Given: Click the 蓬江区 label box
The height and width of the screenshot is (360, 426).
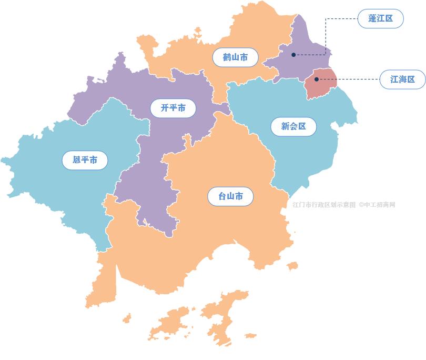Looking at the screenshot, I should [380, 19].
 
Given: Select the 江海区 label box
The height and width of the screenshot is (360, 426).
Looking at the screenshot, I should [402, 80].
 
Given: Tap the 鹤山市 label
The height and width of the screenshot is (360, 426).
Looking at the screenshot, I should [235, 57].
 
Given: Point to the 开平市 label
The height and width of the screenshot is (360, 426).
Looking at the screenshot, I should [173, 108].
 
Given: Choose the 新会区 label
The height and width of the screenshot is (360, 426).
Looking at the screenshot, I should [293, 126].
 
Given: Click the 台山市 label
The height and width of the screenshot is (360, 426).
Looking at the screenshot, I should [231, 197].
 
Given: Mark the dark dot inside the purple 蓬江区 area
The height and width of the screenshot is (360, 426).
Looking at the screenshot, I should [293, 55].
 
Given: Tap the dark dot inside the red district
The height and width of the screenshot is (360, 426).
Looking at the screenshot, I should [316, 79].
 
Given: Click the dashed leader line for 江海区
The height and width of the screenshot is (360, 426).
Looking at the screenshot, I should [358, 80].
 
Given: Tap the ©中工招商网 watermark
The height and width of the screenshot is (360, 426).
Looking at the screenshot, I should [377, 205].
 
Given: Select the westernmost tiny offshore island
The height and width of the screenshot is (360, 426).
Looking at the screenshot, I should [127, 318].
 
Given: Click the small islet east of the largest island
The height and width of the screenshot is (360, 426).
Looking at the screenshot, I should [250, 336].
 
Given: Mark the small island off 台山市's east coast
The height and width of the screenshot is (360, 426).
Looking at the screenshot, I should [292, 266].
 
